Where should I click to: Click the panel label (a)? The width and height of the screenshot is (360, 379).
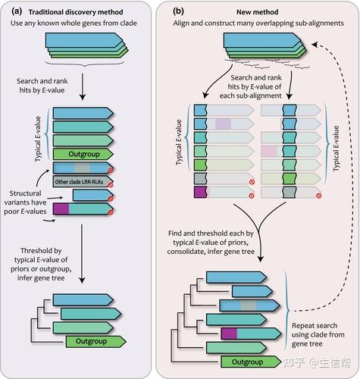17,11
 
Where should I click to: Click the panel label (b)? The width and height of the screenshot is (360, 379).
178,11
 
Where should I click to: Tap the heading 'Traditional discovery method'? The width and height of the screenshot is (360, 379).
76,12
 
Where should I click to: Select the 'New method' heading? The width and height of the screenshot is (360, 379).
258,12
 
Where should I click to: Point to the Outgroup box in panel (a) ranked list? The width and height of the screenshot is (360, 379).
83,154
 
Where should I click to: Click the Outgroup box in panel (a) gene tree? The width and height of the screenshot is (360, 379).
95,341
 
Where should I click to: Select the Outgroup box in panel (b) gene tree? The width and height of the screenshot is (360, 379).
251,362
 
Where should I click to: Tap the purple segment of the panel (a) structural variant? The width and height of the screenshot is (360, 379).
61,209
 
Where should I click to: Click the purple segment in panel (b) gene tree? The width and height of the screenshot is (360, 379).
229,334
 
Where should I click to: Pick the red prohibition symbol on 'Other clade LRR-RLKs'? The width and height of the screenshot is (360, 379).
111,185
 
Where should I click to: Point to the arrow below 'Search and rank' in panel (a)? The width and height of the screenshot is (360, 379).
83,86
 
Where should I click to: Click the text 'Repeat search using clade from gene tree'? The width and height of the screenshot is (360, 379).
318,334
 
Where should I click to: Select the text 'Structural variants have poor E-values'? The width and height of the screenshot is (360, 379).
25,202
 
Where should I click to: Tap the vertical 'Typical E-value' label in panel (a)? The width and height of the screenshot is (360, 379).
38,139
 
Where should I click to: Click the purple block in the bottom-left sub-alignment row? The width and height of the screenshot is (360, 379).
201,192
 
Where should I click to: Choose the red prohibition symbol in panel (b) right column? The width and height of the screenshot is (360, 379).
319,196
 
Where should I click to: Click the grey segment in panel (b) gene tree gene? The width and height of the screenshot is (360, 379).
249,305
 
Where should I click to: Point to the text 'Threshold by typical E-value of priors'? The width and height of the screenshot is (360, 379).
41,259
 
